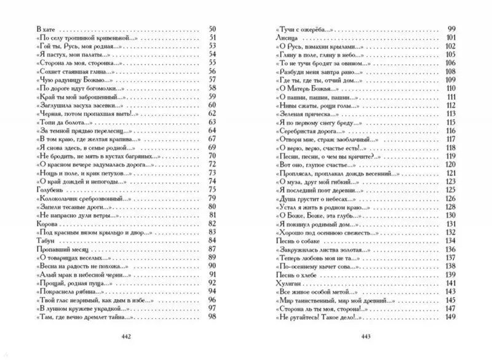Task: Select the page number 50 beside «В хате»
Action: pos(213,30)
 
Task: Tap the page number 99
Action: pos(450,30)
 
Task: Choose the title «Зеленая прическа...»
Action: pos(304,113)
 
